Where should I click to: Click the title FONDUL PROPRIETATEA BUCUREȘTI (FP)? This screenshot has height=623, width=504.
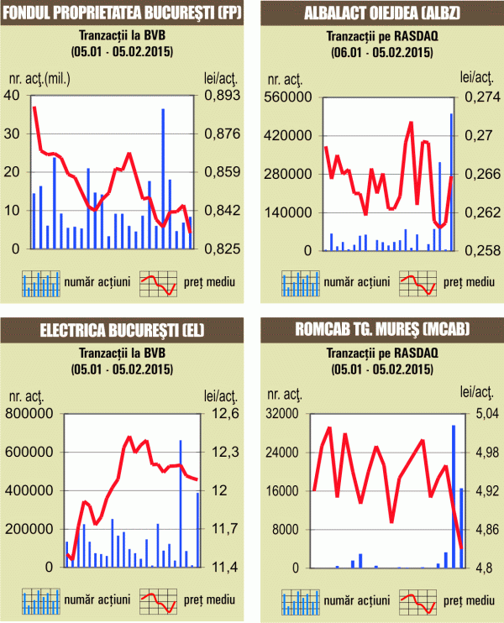coord(123,13)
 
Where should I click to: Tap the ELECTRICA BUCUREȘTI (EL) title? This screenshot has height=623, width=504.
coord(123,331)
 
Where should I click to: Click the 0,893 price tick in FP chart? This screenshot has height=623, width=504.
coord(222,95)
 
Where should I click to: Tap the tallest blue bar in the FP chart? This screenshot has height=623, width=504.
coord(163,179)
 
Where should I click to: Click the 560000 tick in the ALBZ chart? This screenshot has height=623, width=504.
coord(289,97)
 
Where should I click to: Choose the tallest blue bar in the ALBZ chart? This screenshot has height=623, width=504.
coord(451,181)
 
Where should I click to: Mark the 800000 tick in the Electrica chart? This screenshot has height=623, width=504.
coord(30,413)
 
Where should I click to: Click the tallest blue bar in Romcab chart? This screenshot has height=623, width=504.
coord(454,496)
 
